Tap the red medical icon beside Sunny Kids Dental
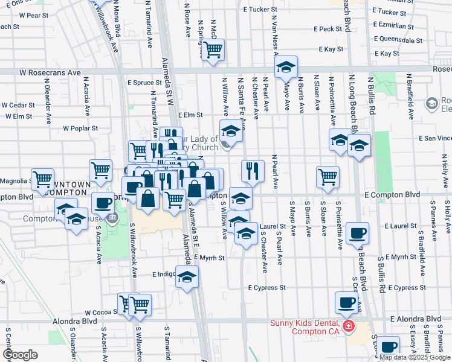pyautogui.click(x=347, y=327)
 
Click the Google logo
pyautogui.click(x=20, y=354)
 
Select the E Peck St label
pyautogui.click(x=328, y=29)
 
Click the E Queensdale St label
pyautogui.click(x=398, y=40)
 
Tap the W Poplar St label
pyautogui.click(x=80, y=129)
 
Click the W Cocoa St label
pyautogui.click(x=100, y=313)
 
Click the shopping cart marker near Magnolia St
pyautogui.click(x=42, y=179)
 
